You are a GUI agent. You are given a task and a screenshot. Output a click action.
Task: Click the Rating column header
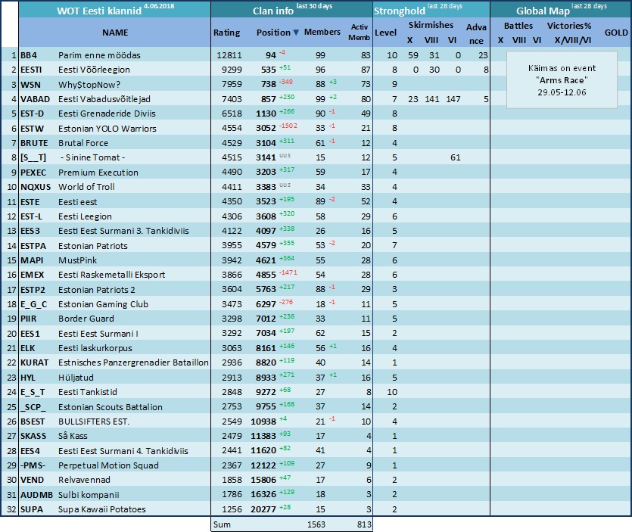226,33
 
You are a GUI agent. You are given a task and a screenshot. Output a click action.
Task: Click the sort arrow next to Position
296,33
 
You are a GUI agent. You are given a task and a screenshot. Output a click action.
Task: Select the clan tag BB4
29,55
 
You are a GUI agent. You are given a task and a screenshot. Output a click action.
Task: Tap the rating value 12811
229,55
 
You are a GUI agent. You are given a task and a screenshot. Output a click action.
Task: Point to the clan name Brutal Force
83,143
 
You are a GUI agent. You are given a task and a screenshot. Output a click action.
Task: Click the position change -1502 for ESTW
288,126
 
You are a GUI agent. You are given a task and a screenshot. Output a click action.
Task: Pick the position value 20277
263,509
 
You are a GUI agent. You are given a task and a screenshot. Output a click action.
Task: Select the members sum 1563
316,524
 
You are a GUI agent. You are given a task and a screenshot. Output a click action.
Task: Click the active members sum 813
364,524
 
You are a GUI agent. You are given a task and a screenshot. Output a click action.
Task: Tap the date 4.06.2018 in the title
159,6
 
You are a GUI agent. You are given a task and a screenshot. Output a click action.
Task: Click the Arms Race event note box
562,79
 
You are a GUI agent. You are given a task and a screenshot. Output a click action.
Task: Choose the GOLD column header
616,33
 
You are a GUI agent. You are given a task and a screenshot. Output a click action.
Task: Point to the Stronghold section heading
400,11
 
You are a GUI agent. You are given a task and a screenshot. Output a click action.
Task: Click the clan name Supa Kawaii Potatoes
102,509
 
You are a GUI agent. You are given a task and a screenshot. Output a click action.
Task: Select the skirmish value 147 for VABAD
453,99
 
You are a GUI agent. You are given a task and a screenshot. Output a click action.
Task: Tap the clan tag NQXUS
36,187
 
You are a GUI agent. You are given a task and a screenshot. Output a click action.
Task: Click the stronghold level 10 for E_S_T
392,392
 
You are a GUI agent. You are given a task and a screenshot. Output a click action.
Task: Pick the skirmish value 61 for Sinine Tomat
456,157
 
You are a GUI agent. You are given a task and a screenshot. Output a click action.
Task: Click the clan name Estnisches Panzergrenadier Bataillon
133,362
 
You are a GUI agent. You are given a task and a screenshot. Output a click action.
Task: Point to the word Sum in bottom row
222,524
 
